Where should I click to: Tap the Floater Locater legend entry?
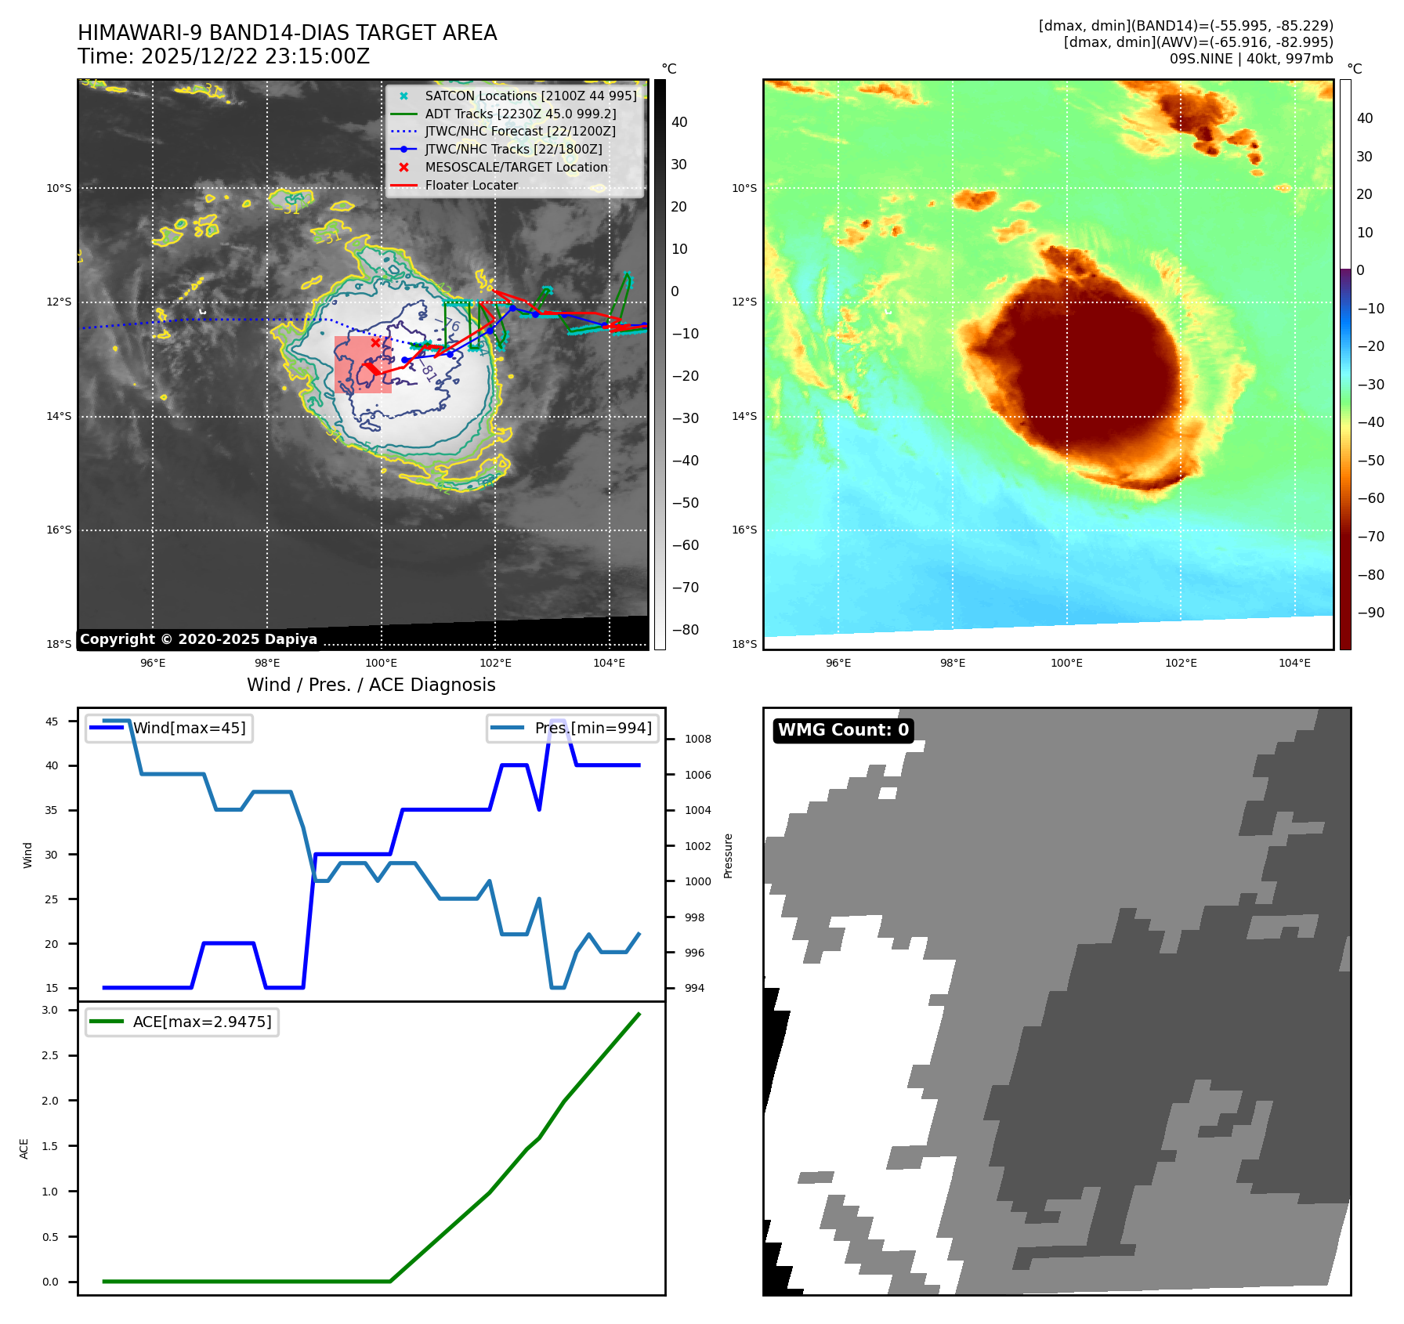click(471, 185)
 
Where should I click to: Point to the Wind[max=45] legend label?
click(189, 728)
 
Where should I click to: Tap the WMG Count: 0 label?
click(843, 730)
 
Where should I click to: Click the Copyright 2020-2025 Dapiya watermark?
click(198, 639)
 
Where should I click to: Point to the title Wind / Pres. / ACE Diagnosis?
click(371, 685)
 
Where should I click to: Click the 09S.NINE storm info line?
click(1250, 59)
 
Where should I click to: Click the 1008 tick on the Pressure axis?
click(697, 739)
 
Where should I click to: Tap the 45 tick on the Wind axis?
click(52, 722)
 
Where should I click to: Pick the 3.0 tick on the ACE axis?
click(50, 1010)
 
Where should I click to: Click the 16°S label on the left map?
click(59, 530)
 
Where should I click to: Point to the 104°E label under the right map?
click(1294, 663)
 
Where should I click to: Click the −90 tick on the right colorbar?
click(1370, 613)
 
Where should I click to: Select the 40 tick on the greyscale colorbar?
click(679, 122)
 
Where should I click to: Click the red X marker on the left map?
click(375, 342)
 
